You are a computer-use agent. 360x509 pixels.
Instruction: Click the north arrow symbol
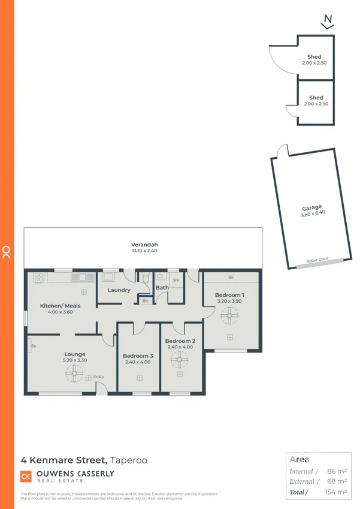pos(327,22)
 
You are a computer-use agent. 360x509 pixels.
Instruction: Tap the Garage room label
pos(312,208)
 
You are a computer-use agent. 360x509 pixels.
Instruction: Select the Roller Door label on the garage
pos(317,261)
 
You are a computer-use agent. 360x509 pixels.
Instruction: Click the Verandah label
pos(144,245)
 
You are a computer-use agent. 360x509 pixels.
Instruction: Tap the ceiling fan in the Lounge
pos(74,375)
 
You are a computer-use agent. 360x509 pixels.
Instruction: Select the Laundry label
pos(119,290)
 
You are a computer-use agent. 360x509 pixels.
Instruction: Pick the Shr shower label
pos(176,280)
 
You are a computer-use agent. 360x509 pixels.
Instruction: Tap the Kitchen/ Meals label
pos(60,306)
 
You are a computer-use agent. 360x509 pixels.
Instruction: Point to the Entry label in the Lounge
pos(99,377)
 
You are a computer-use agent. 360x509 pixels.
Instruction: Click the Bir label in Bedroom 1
pos(231,278)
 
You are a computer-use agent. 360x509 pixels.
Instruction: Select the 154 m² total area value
pos(337,492)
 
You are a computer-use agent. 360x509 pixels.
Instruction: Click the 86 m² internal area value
pos(338,471)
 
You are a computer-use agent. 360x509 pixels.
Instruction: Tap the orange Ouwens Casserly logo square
pos(26,477)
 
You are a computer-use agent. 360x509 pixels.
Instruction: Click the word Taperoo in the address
pos(129,460)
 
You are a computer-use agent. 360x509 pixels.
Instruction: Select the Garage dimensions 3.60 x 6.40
pos(311,215)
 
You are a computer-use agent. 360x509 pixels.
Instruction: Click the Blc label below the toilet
pos(145,301)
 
